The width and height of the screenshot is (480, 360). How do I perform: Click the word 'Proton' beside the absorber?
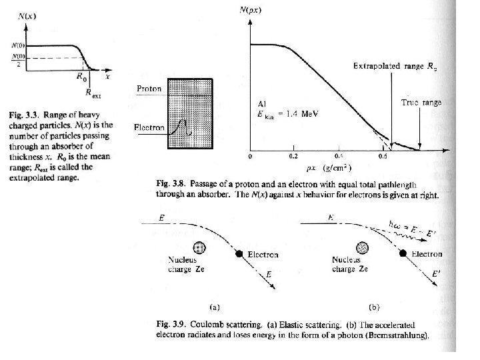[149, 89]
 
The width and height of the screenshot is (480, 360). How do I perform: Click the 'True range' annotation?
[421, 102]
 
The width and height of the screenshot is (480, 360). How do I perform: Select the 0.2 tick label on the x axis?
[295, 157]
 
